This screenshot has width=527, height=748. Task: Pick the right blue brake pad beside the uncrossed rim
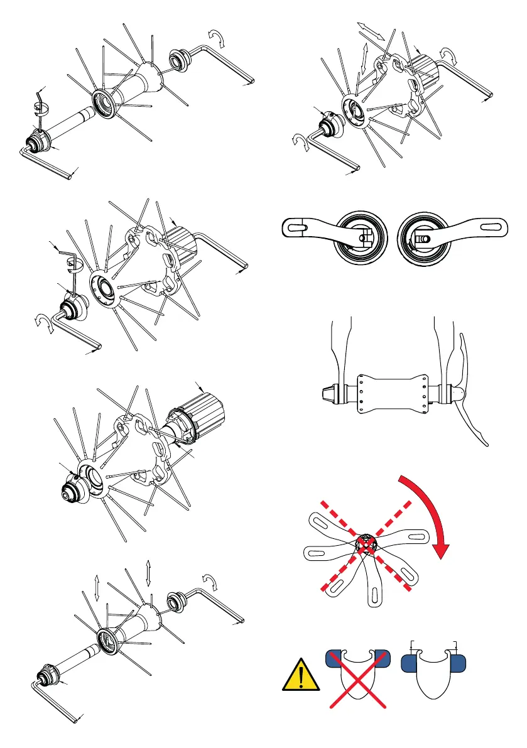point(462,661)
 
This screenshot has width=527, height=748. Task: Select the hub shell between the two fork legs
point(393,393)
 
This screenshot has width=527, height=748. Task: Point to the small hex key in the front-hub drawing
point(41,104)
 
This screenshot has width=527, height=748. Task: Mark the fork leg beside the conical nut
point(342,352)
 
